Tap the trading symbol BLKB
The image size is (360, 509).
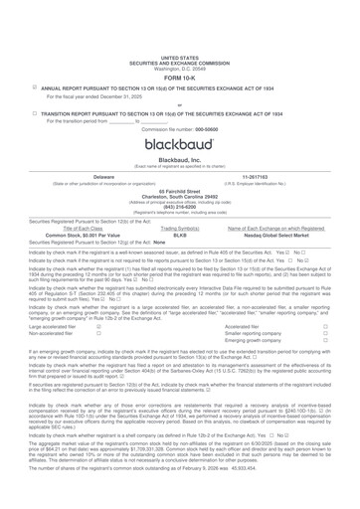(x=181, y=261)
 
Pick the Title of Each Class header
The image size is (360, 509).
(x=88, y=254)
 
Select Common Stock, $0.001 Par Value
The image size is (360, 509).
(x=88, y=261)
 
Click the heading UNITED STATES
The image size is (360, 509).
(x=179, y=5)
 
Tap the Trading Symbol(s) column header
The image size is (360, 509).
(x=181, y=254)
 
